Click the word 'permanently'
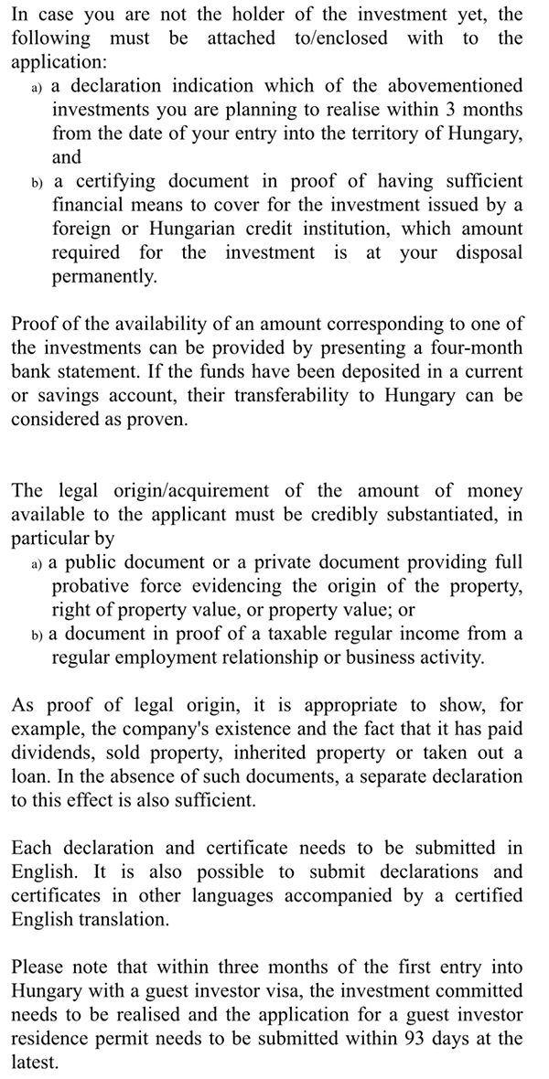pos(103,275)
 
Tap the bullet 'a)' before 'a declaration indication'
pos(37,86)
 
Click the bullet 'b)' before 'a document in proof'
pos(37,634)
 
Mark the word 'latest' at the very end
pos(34,1061)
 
